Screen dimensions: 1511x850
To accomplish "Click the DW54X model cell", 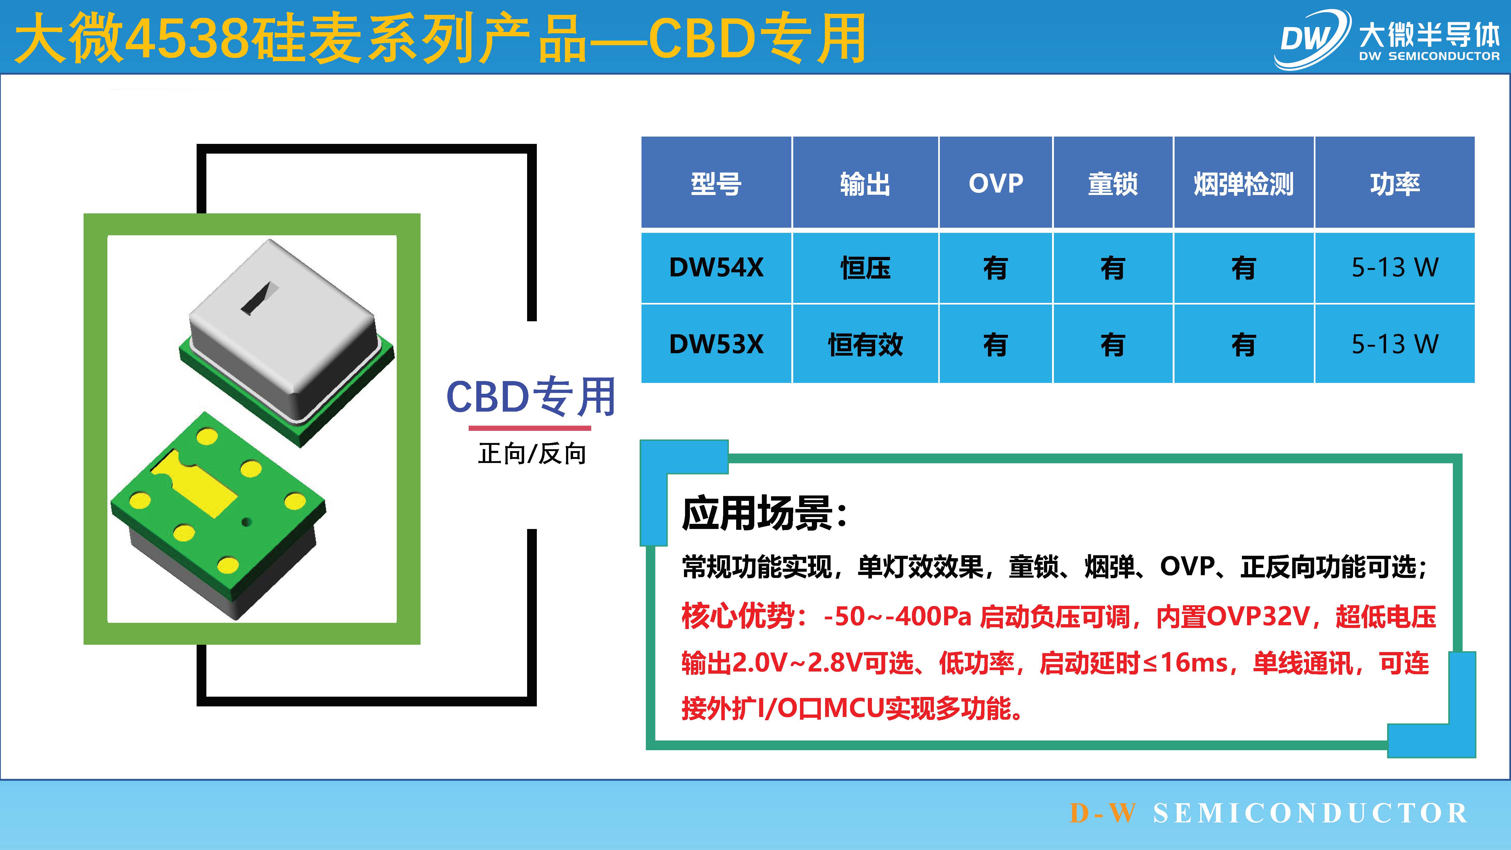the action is pyautogui.click(x=716, y=267).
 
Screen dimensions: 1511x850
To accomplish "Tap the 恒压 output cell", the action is pyautogui.click(x=865, y=267).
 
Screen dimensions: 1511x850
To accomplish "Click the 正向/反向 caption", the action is pyautogui.click(x=531, y=454).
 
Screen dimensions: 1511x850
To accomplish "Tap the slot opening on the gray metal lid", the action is pyautogui.click(x=259, y=299).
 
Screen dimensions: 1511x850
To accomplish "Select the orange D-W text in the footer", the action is pyautogui.click(x=1103, y=813).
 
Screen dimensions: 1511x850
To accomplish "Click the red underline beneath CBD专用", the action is pyautogui.click(x=530, y=428).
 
